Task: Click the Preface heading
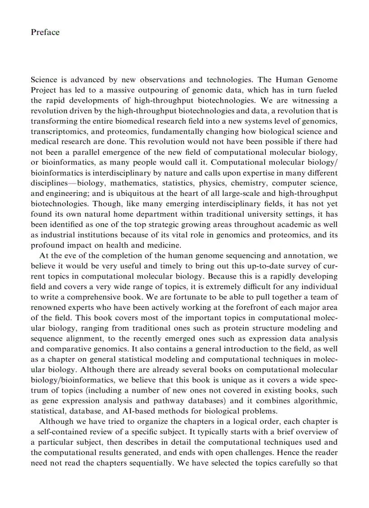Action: (45, 32)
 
